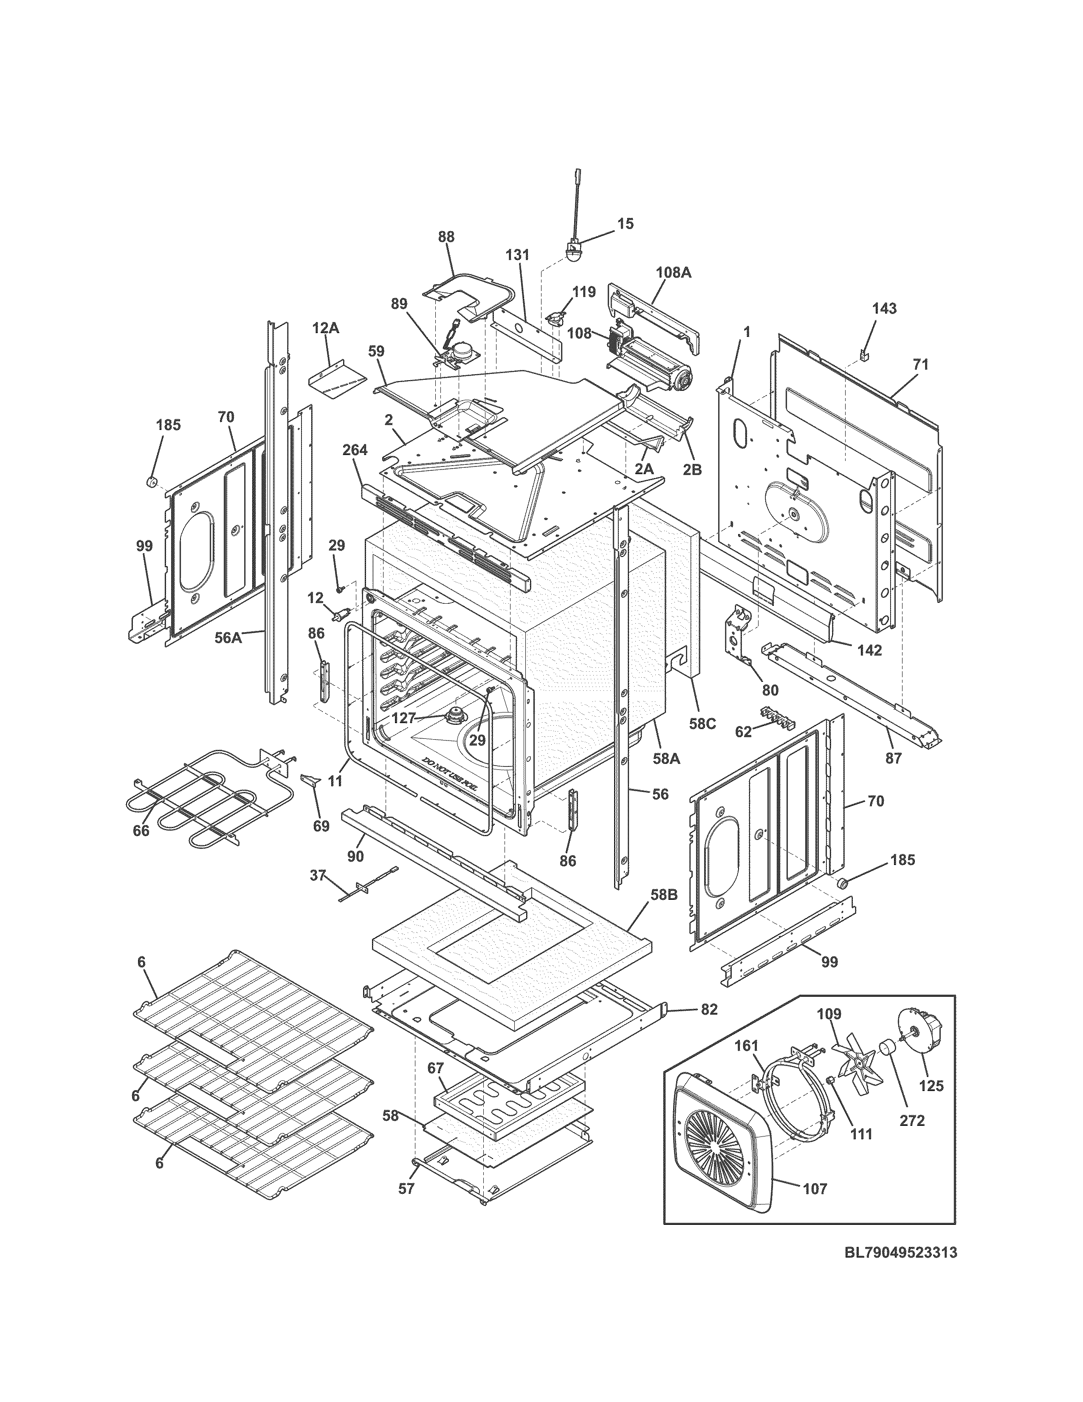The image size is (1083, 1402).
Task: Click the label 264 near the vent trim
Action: coord(354,450)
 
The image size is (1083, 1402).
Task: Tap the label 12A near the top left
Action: coord(325,328)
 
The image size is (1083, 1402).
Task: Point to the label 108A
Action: coord(673,272)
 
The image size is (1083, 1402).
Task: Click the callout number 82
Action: coord(708,1010)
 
